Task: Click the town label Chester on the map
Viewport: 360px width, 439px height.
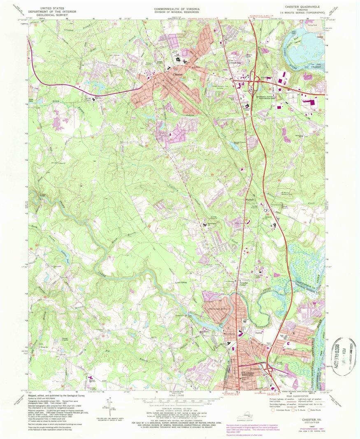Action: click(x=178, y=74)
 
